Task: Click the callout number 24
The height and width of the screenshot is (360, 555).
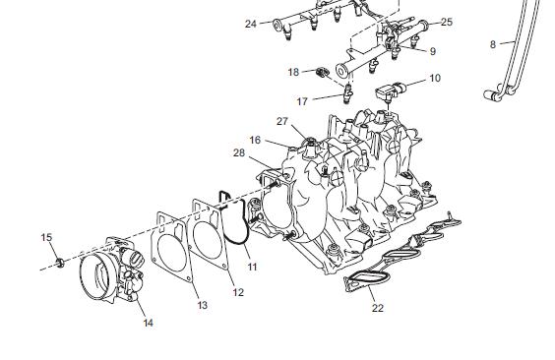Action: point(251,24)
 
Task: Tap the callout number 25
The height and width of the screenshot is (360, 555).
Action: point(447,22)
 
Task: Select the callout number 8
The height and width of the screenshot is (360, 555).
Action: point(493,44)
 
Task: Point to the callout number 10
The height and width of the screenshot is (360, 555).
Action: point(435,78)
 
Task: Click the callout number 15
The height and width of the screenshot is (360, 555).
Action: point(46,237)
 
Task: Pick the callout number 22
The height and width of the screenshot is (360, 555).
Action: point(378,309)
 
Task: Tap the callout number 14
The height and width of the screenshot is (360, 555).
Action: point(148,323)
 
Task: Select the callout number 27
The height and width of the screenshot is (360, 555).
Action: point(282,121)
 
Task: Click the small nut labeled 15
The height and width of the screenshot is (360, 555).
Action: point(60,262)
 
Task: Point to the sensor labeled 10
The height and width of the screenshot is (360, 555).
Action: point(390,90)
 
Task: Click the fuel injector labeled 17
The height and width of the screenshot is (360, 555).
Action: point(348,92)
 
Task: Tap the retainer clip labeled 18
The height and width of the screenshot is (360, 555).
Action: point(322,72)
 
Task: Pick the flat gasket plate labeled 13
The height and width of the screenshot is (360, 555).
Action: point(172,247)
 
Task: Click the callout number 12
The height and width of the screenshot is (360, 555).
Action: point(238,292)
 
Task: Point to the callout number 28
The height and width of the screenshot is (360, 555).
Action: point(239,152)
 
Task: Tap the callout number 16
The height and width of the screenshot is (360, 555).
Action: point(255,140)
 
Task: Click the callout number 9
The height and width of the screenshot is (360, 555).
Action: point(433,51)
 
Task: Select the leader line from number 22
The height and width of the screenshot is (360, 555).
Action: point(372,294)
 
